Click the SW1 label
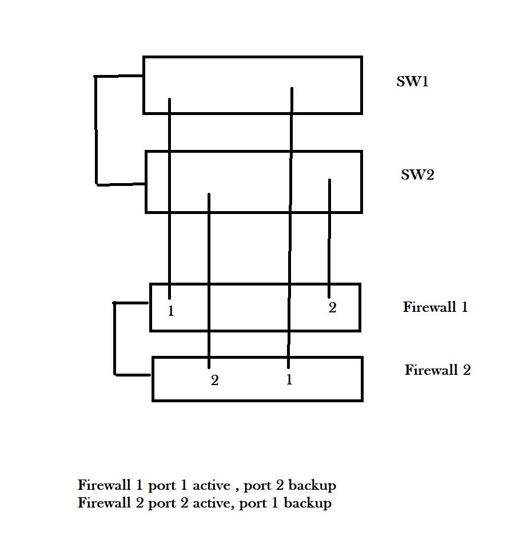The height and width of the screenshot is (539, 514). pyautogui.click(x=412, y=81)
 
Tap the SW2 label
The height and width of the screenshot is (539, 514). pyautogui.click(x=417, y=175)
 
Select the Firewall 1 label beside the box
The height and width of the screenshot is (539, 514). pyautogui.click(x=435, y=307)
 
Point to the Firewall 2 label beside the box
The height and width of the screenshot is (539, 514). pyautogui.click(x=437, y=370)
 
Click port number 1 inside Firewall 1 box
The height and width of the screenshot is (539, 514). pyautogui.click(x=170, y=312)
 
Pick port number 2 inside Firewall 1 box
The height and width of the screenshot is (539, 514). pyautogui.click(x=332, y=308)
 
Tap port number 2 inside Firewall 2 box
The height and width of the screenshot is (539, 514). pyautogui.click(x=214, y=381)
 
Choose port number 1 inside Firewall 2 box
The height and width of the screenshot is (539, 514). pyautogui.click(x=289, y=379)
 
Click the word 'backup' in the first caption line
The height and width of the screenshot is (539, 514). pyautogui.click(x=312, y=486)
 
